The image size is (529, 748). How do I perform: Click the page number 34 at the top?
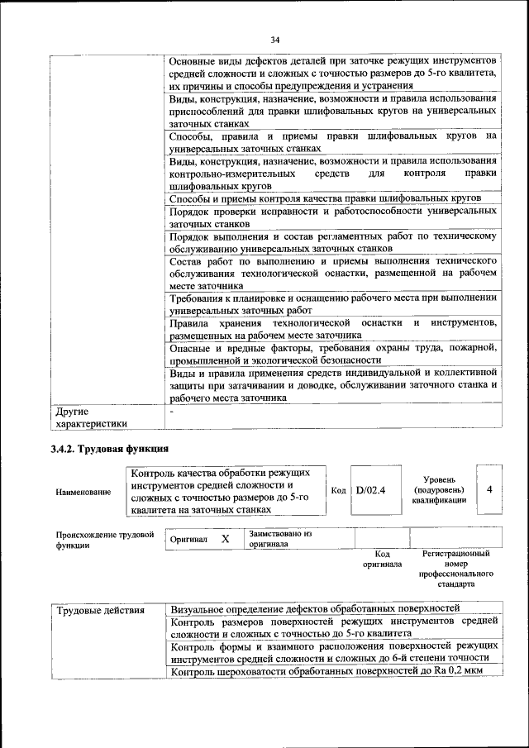point(275,39)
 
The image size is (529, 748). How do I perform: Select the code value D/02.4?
point(365,490)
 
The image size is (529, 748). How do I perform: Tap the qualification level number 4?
point(490,489)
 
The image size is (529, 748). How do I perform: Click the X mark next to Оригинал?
point(225,538)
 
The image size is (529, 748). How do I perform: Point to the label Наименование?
point(83,492)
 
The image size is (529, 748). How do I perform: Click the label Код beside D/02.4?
point(338,490)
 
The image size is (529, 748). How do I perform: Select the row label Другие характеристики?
point(91,417)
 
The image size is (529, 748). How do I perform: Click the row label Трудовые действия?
point(100,610)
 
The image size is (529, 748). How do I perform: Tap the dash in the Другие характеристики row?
point(171,410)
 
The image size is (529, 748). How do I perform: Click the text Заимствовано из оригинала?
point(280,539)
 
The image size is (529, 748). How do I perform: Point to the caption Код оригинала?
point(382,559)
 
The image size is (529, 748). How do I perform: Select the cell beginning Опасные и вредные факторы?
point(332,353)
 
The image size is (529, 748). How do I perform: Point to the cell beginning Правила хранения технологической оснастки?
point(332,328)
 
